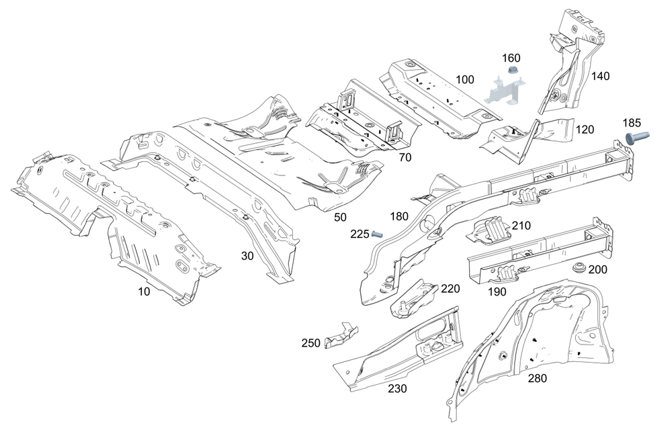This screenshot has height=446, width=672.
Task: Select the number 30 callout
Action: (248, 255)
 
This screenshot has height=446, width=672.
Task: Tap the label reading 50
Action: (341, 216)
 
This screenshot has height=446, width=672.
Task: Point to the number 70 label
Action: (405, 159)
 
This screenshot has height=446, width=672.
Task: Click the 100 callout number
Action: (464, 80)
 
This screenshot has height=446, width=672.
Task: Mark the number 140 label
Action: (600, 76)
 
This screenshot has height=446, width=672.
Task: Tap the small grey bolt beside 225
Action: (376, 234)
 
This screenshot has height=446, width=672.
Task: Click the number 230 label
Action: (396, 388)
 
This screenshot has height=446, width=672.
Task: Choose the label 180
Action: (398, 216)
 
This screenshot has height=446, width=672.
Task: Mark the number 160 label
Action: (511, 58)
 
